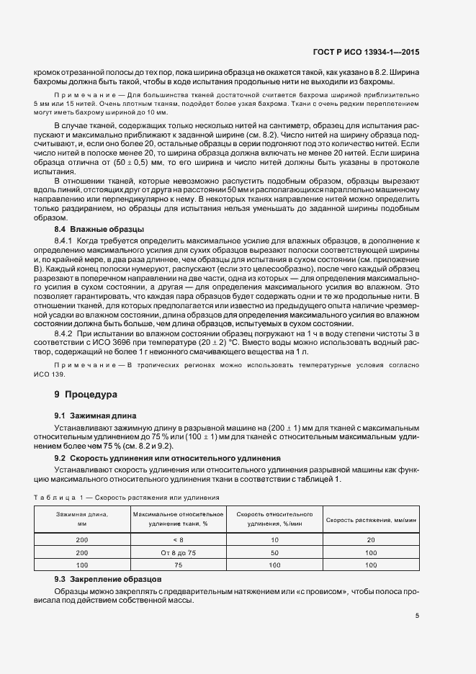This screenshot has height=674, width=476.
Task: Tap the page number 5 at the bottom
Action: (417, 615)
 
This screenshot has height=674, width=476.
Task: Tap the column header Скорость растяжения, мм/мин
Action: (371, 520)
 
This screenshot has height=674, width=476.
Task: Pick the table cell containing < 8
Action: (179, 539)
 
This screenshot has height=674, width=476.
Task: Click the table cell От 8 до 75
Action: (179, 552)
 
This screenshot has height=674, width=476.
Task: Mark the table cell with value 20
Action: (371, 539)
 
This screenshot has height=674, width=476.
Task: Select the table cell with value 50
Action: (274, 552)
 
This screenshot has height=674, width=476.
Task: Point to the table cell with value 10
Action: (274, 539)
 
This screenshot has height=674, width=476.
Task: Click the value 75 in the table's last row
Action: (179, 565)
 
